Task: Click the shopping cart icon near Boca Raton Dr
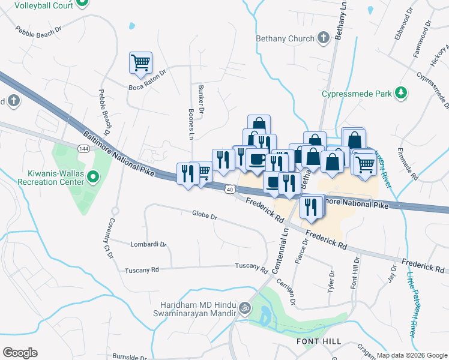point(140,62)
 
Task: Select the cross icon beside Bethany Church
point(324,38)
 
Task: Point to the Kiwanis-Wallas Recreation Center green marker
point(92,176)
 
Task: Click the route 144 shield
point(83,147)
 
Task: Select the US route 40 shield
point(230,190)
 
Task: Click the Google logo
point(20,353)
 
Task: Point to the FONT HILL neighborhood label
point(319,341)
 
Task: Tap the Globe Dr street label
point(204,214)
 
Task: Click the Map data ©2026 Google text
point(411,355)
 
